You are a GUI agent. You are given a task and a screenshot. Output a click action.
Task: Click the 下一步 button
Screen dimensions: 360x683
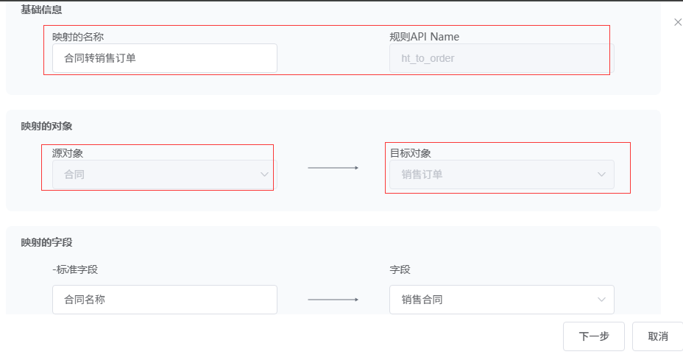click(593, 336)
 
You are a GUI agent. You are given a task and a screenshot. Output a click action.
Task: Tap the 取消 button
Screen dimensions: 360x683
click(657, 336)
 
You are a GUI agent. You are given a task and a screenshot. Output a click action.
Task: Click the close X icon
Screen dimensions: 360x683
click(678, 23)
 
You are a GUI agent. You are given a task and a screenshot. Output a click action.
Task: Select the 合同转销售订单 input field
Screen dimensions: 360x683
click(164, 58)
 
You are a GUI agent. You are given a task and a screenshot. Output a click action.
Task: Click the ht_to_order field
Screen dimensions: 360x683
click(501, 58)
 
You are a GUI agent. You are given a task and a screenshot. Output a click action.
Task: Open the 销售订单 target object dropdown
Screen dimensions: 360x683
click(501, 174)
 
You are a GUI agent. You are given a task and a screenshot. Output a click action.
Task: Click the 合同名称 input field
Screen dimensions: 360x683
click(164, 300)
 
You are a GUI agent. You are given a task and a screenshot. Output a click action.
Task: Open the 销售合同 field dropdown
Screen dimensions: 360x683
click(501, 300)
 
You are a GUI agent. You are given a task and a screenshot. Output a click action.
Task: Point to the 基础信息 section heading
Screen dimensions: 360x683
click(41, 10)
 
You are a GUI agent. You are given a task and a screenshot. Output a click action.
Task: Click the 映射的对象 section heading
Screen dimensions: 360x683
click(46, 126)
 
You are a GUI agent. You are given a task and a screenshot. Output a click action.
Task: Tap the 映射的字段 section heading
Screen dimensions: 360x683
click(46, 242)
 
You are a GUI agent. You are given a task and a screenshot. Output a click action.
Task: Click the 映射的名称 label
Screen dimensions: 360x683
click(83, 36)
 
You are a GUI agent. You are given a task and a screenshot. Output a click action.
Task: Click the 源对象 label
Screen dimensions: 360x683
click(68, 153)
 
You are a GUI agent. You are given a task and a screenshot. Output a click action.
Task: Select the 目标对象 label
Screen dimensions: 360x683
click(410, 153)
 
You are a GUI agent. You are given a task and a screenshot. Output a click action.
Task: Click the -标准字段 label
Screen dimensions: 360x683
click(75, 269)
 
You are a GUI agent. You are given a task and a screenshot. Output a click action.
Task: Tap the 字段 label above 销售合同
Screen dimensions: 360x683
click(400, 269)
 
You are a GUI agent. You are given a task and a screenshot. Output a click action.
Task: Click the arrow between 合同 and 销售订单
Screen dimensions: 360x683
click(333, 168)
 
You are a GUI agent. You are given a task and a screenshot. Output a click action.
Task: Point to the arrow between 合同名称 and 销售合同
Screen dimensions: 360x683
click(333, 300)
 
